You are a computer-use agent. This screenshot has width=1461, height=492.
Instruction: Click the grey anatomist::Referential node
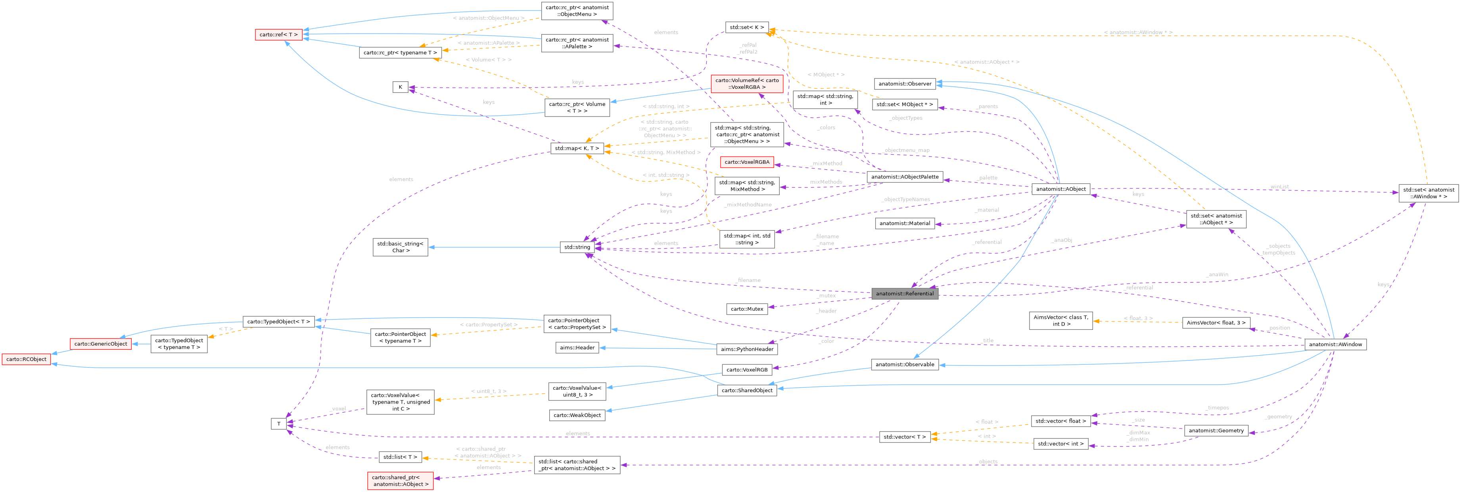(x=904, y=294)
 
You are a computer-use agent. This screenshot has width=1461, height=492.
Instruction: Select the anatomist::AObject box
(x=1060, y=190)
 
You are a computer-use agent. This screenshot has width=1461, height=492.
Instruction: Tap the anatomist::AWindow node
(x=1335, y=344)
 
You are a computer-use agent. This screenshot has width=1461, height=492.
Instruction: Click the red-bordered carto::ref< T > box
(x=278, y=34)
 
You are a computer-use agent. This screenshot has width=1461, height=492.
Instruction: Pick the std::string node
(x=577, y=247)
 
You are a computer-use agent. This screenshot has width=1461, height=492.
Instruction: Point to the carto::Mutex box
(x=747, y=309)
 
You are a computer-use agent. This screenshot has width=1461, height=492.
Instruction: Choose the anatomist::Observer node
(x=905, y=84)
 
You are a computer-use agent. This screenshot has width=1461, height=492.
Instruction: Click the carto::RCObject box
(x=26, y=359)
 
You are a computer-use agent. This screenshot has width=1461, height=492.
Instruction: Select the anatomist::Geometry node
(x=1216, y=431)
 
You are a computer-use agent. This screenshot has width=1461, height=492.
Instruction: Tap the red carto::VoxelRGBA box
(x=746, y=162)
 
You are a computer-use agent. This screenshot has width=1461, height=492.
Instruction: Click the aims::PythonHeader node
(x=747, y=349)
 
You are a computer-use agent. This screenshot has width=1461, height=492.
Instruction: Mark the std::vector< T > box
(x=904, y=437)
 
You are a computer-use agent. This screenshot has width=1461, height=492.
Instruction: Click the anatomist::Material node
(x=905, y=223)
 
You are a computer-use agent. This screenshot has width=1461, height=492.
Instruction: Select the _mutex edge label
(x=826, y=295)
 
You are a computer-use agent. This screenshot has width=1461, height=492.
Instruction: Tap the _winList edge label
(x=1279, y=186)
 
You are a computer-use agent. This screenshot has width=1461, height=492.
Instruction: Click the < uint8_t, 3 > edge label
(x=488, y=391)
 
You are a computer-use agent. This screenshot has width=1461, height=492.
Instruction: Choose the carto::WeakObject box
(x=577, y=415)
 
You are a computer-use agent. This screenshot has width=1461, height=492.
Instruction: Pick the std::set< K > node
(x=746, y=27)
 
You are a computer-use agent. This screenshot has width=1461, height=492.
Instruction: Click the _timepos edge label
(x=1217, y=408)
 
